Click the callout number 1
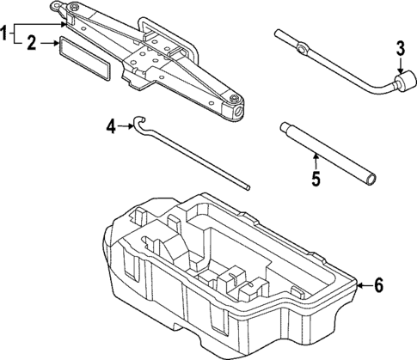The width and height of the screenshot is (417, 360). [x=5, y=34]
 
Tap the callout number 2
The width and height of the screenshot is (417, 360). [x=31, y=41]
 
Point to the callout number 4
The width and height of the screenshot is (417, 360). [x=110, y=127]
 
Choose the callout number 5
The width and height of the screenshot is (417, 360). [x=315, y=179]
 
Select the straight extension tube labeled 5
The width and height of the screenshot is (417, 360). [x=327, y=155]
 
